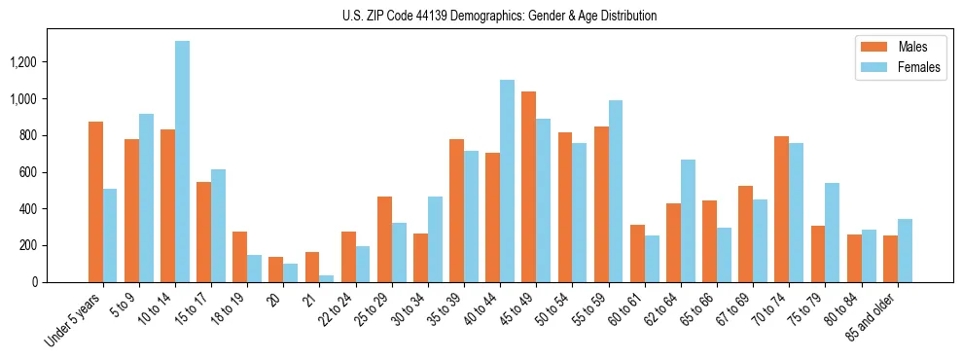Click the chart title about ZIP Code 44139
click(500, 16)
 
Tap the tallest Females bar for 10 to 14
click(182, 162)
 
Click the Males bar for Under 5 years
click(95, 201)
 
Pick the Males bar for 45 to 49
click(528, 187)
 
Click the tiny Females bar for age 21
click(327, 278)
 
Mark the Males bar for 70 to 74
click(781, 209)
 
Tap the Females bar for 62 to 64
click(688, 221)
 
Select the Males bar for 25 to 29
click(384, 239)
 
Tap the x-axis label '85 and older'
click(872, 316)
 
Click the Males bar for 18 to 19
click(239, 257)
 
